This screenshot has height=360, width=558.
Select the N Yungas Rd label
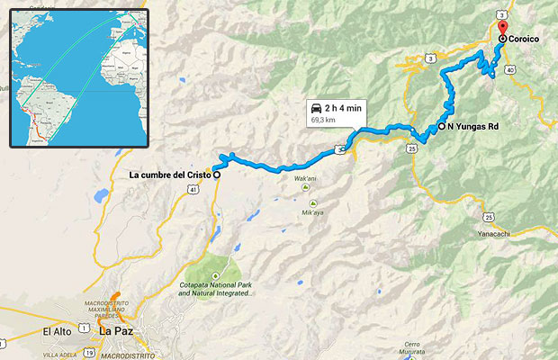tap(473, 127)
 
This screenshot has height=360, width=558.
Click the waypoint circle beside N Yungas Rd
tap(442, 127)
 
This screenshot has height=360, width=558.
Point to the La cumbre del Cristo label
tap(170, 175)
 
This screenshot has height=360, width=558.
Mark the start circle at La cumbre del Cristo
tap(216, 174)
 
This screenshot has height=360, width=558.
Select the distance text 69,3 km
tap(325, 119)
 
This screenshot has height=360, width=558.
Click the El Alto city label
tap(57, 332)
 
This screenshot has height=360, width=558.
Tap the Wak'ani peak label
tap(305, 178)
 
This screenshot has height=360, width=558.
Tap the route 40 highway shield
tap(510, 69)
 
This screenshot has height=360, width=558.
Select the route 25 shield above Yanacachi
tap(487, 216)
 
